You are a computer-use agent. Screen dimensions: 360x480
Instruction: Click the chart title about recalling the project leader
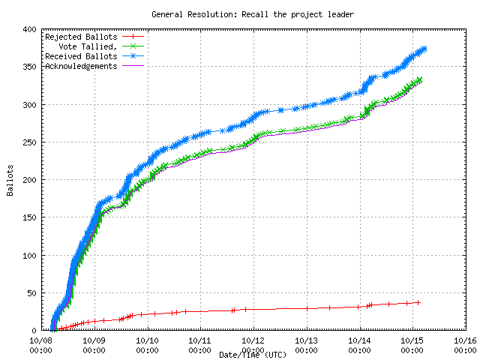point(252,14)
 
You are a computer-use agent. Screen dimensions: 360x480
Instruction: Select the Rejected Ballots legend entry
point(81,36)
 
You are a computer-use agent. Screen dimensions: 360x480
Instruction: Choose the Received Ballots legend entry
point(81,56)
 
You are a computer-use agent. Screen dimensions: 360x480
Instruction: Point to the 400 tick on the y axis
point(29,29)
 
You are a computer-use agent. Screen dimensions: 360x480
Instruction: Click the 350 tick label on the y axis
point(29,67)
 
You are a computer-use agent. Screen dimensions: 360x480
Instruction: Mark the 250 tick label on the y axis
point(29,142)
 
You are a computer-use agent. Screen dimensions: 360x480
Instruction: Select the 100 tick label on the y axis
point(29,255)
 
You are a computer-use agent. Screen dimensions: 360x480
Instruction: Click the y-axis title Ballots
point(10,180)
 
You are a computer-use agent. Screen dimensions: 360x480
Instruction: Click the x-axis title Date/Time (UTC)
point(252,354)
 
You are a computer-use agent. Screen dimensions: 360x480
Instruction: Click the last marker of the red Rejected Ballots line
point(418,302)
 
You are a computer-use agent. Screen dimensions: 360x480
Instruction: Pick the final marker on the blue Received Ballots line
point(424,49)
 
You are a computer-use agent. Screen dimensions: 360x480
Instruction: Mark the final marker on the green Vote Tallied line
point(419,79)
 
